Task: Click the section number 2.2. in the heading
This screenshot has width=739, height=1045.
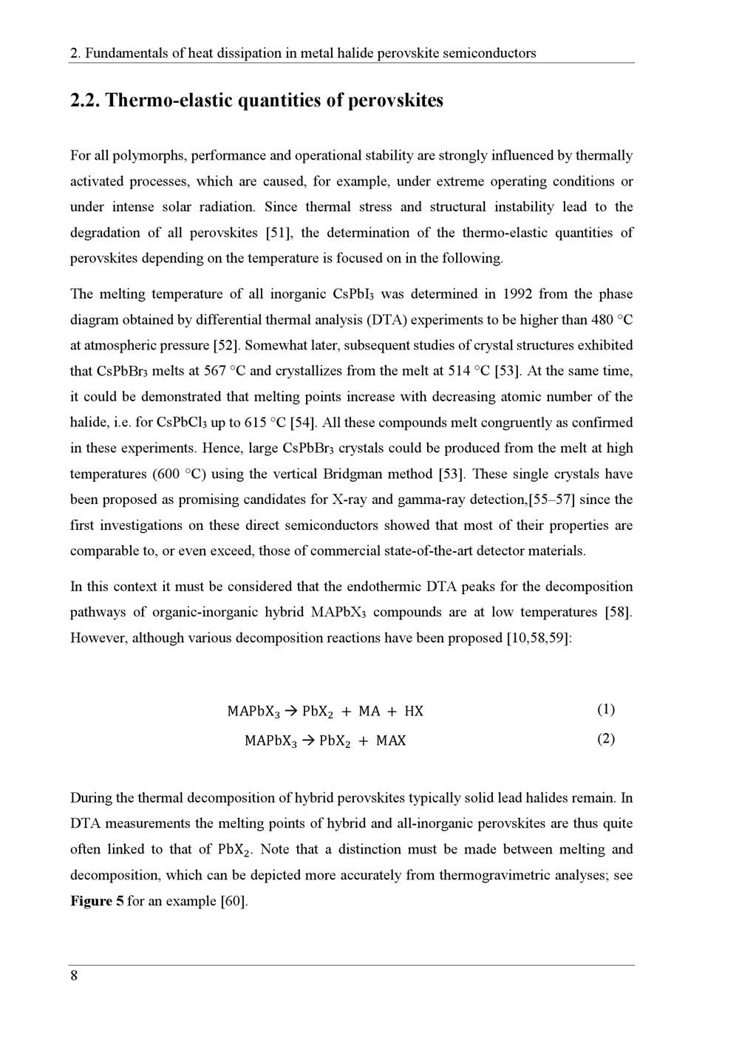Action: click(86, 101)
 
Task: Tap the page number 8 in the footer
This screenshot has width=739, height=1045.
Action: click(74, 976)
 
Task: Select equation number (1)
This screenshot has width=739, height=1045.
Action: click(606, 709)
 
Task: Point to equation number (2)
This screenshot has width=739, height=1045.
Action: click(606, 739)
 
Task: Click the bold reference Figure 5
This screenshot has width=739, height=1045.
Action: click(97, 901)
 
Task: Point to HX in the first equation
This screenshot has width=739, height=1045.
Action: click(414, 712)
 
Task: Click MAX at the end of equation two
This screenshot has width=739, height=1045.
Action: click(391, 741)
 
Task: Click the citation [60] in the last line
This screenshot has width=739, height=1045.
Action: click(234, 901)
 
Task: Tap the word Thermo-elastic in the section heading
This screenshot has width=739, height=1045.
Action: click(168, 101)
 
